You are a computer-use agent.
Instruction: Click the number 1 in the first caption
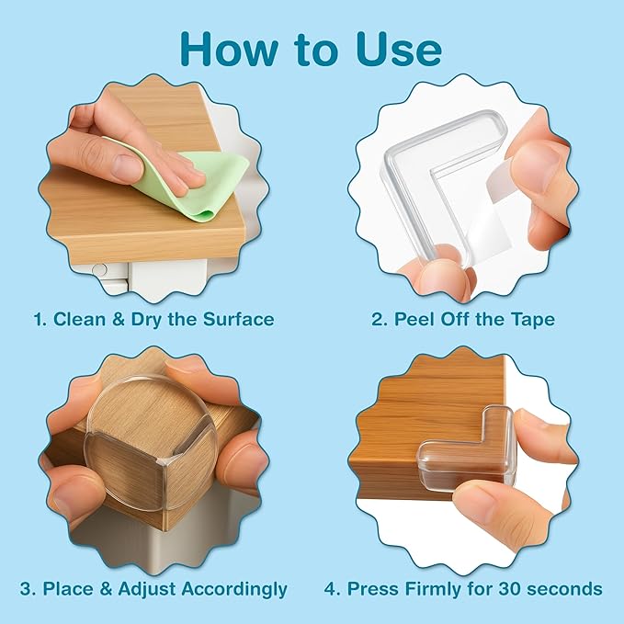point(38,320)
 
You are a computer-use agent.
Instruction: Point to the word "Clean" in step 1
point(80,320)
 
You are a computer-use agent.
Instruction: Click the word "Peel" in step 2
point(416,320)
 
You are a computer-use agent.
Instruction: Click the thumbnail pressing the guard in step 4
point(474,497)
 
